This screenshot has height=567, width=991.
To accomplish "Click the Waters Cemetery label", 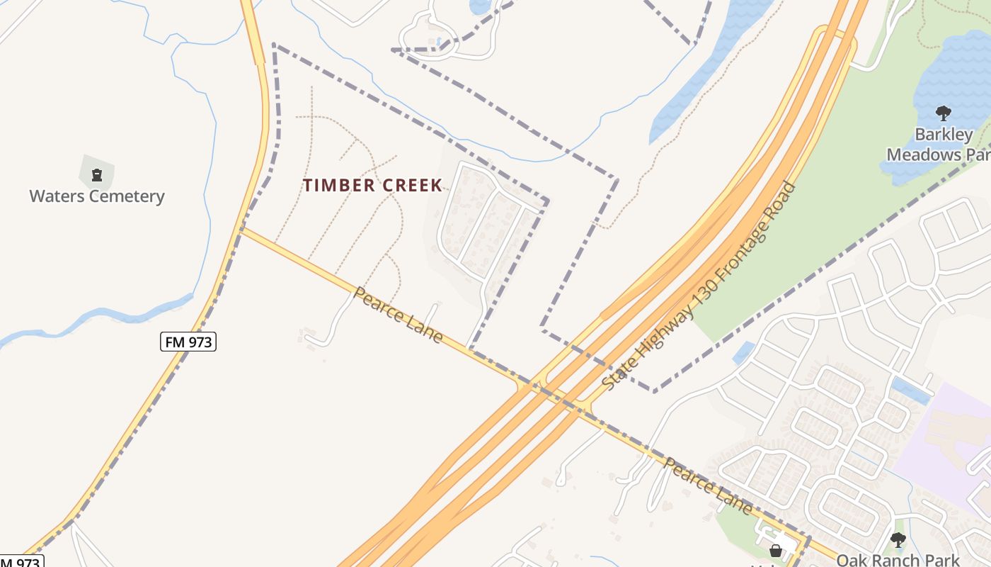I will tap(97, 196).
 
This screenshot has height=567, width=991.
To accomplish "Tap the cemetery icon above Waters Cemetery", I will tap(97, 174).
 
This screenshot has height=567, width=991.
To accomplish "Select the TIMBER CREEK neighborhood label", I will tap(373, 186).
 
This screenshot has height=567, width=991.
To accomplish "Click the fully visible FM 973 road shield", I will tap(188, 342).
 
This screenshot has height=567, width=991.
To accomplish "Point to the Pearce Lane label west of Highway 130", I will tap(399, 315).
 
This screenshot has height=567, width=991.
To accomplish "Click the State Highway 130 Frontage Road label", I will tap(699, 287).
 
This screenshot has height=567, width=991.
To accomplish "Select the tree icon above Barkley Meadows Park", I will tap(943, 113).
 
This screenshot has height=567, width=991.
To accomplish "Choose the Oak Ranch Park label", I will tap(898, 560).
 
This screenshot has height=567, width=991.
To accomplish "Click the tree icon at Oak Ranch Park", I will tap(898, 540).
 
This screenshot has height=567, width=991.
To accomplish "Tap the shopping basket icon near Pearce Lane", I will tap(776, 551).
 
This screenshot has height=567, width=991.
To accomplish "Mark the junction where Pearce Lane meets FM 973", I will tap(241, 228).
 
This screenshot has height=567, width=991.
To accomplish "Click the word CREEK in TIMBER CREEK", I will tap(411, 186).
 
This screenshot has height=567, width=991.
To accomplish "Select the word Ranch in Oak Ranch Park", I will tap(895, 560).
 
